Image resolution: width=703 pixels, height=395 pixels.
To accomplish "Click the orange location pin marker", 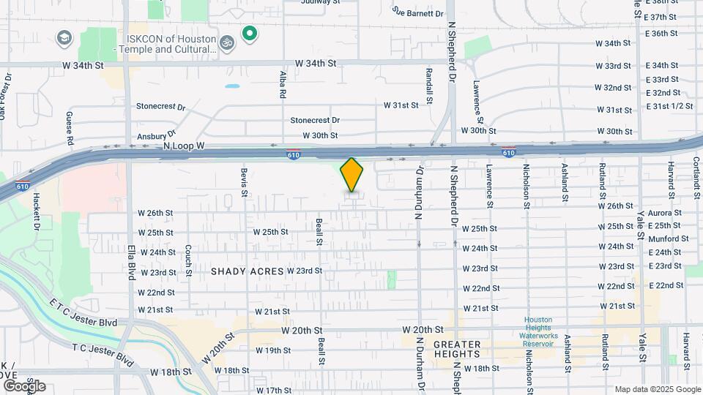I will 352,174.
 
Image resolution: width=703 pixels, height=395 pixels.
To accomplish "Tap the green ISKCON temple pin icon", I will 250,33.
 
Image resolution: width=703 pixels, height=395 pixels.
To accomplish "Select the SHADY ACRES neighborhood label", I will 247,271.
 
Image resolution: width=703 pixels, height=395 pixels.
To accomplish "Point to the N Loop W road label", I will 183,146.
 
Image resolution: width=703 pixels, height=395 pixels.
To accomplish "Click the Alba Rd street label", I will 283,85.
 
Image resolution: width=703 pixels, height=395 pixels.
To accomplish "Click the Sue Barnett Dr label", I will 418,12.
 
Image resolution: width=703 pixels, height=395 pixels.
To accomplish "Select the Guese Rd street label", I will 70,127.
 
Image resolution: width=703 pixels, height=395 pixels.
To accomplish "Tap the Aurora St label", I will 664,213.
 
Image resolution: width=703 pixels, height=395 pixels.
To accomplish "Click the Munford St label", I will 668,238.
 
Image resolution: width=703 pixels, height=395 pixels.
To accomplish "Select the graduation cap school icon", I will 64,37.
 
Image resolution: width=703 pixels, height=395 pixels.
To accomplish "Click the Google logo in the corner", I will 25,385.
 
